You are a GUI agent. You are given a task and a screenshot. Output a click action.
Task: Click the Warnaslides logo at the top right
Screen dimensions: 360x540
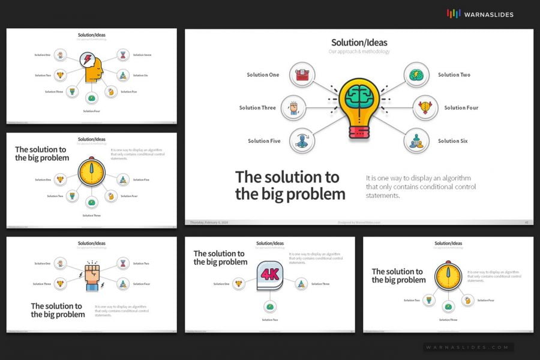[x=480, y=14]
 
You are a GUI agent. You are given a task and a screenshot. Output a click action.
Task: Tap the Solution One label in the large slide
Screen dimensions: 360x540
[x=263, y=75]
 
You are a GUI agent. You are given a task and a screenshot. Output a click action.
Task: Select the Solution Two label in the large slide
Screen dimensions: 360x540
[x=454, y=75]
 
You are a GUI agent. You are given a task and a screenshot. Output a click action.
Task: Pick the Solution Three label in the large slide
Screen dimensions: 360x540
[x=257, y=108]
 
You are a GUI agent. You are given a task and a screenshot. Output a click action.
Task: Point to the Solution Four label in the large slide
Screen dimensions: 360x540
[x=461, y=108]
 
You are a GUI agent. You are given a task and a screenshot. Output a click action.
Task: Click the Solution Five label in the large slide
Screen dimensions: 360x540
[x=264, y=141]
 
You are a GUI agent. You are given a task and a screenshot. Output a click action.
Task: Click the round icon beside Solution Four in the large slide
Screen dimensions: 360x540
[x=425, y=107]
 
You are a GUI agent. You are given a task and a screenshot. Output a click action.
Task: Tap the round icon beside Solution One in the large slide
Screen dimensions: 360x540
[x=302, y=75]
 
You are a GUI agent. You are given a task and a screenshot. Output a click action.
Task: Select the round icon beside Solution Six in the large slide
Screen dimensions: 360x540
[x=416, y=141]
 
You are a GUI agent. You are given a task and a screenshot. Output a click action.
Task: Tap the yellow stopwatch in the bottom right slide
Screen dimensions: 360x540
[x=448, y=276]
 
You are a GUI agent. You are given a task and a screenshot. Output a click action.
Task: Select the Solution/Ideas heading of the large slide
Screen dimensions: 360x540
[x=359, y=43]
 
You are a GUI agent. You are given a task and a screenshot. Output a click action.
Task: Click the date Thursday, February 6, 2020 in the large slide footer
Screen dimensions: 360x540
[x=209, y=222]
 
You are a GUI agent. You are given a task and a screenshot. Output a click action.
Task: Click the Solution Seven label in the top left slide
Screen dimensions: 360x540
[x=142, y=55]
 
